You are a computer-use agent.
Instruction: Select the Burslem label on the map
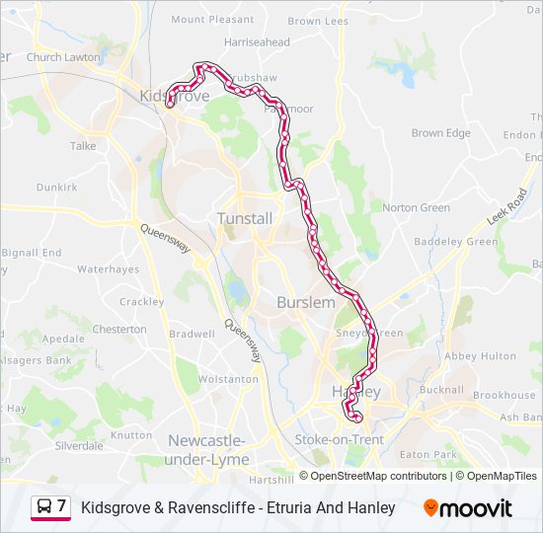(x=306, y=302)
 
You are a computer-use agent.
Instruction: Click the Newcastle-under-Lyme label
(x=208, y=449)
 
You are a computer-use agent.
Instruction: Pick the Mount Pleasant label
(x=212, y=19)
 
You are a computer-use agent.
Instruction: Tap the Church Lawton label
(x=63, y=57)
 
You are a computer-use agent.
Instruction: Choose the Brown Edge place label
(x=440, y=133)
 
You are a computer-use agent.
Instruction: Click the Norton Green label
(x=416, y=207)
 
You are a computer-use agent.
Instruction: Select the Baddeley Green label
(x=455, y=242)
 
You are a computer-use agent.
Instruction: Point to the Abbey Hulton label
(x=480, y=356)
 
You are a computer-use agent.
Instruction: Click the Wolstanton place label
(x=228, y=379)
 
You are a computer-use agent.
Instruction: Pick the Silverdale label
(x=79, y=445)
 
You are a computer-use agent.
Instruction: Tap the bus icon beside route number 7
(x=44, y=507)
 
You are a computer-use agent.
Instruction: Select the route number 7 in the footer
(x=62, y=506)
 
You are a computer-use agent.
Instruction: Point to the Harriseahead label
(x=257, y=42)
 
